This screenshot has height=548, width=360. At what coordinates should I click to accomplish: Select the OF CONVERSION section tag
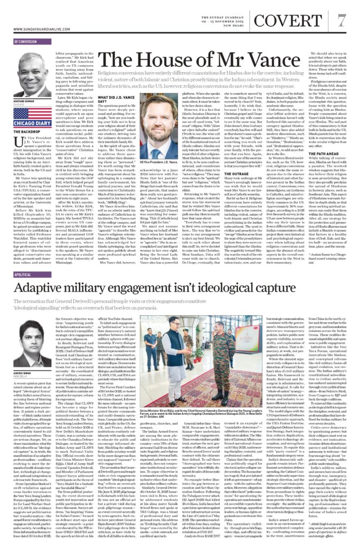click(26, 41)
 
